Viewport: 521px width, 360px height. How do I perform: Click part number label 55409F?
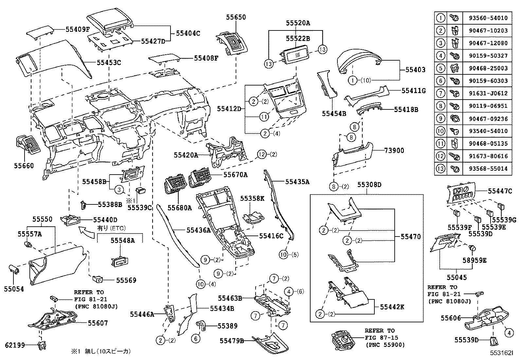78,29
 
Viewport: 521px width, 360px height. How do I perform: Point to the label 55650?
236,17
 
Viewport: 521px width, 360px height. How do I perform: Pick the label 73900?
394,151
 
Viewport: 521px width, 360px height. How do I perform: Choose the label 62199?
15,345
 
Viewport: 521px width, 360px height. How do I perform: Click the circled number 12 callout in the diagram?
262,154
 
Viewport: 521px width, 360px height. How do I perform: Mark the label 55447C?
500,191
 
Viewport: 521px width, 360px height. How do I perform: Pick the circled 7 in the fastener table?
441,93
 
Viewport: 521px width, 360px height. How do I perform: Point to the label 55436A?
199,230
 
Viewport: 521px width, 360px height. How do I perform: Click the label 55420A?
186,155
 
